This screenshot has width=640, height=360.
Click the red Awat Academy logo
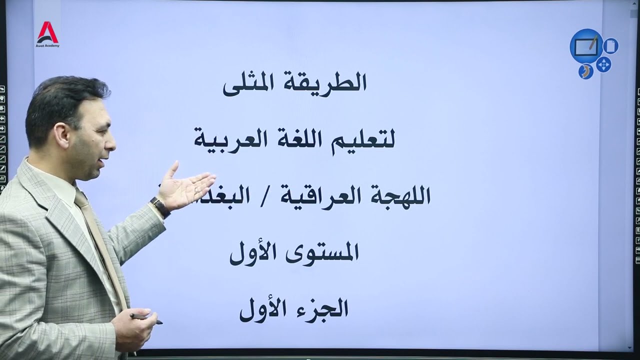pyautogui.click(x=47, y=33)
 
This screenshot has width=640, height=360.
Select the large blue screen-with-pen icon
pyautogui.click(x=586, y=46)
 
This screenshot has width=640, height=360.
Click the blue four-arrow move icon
pyautogui.click(x=603, y=64)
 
